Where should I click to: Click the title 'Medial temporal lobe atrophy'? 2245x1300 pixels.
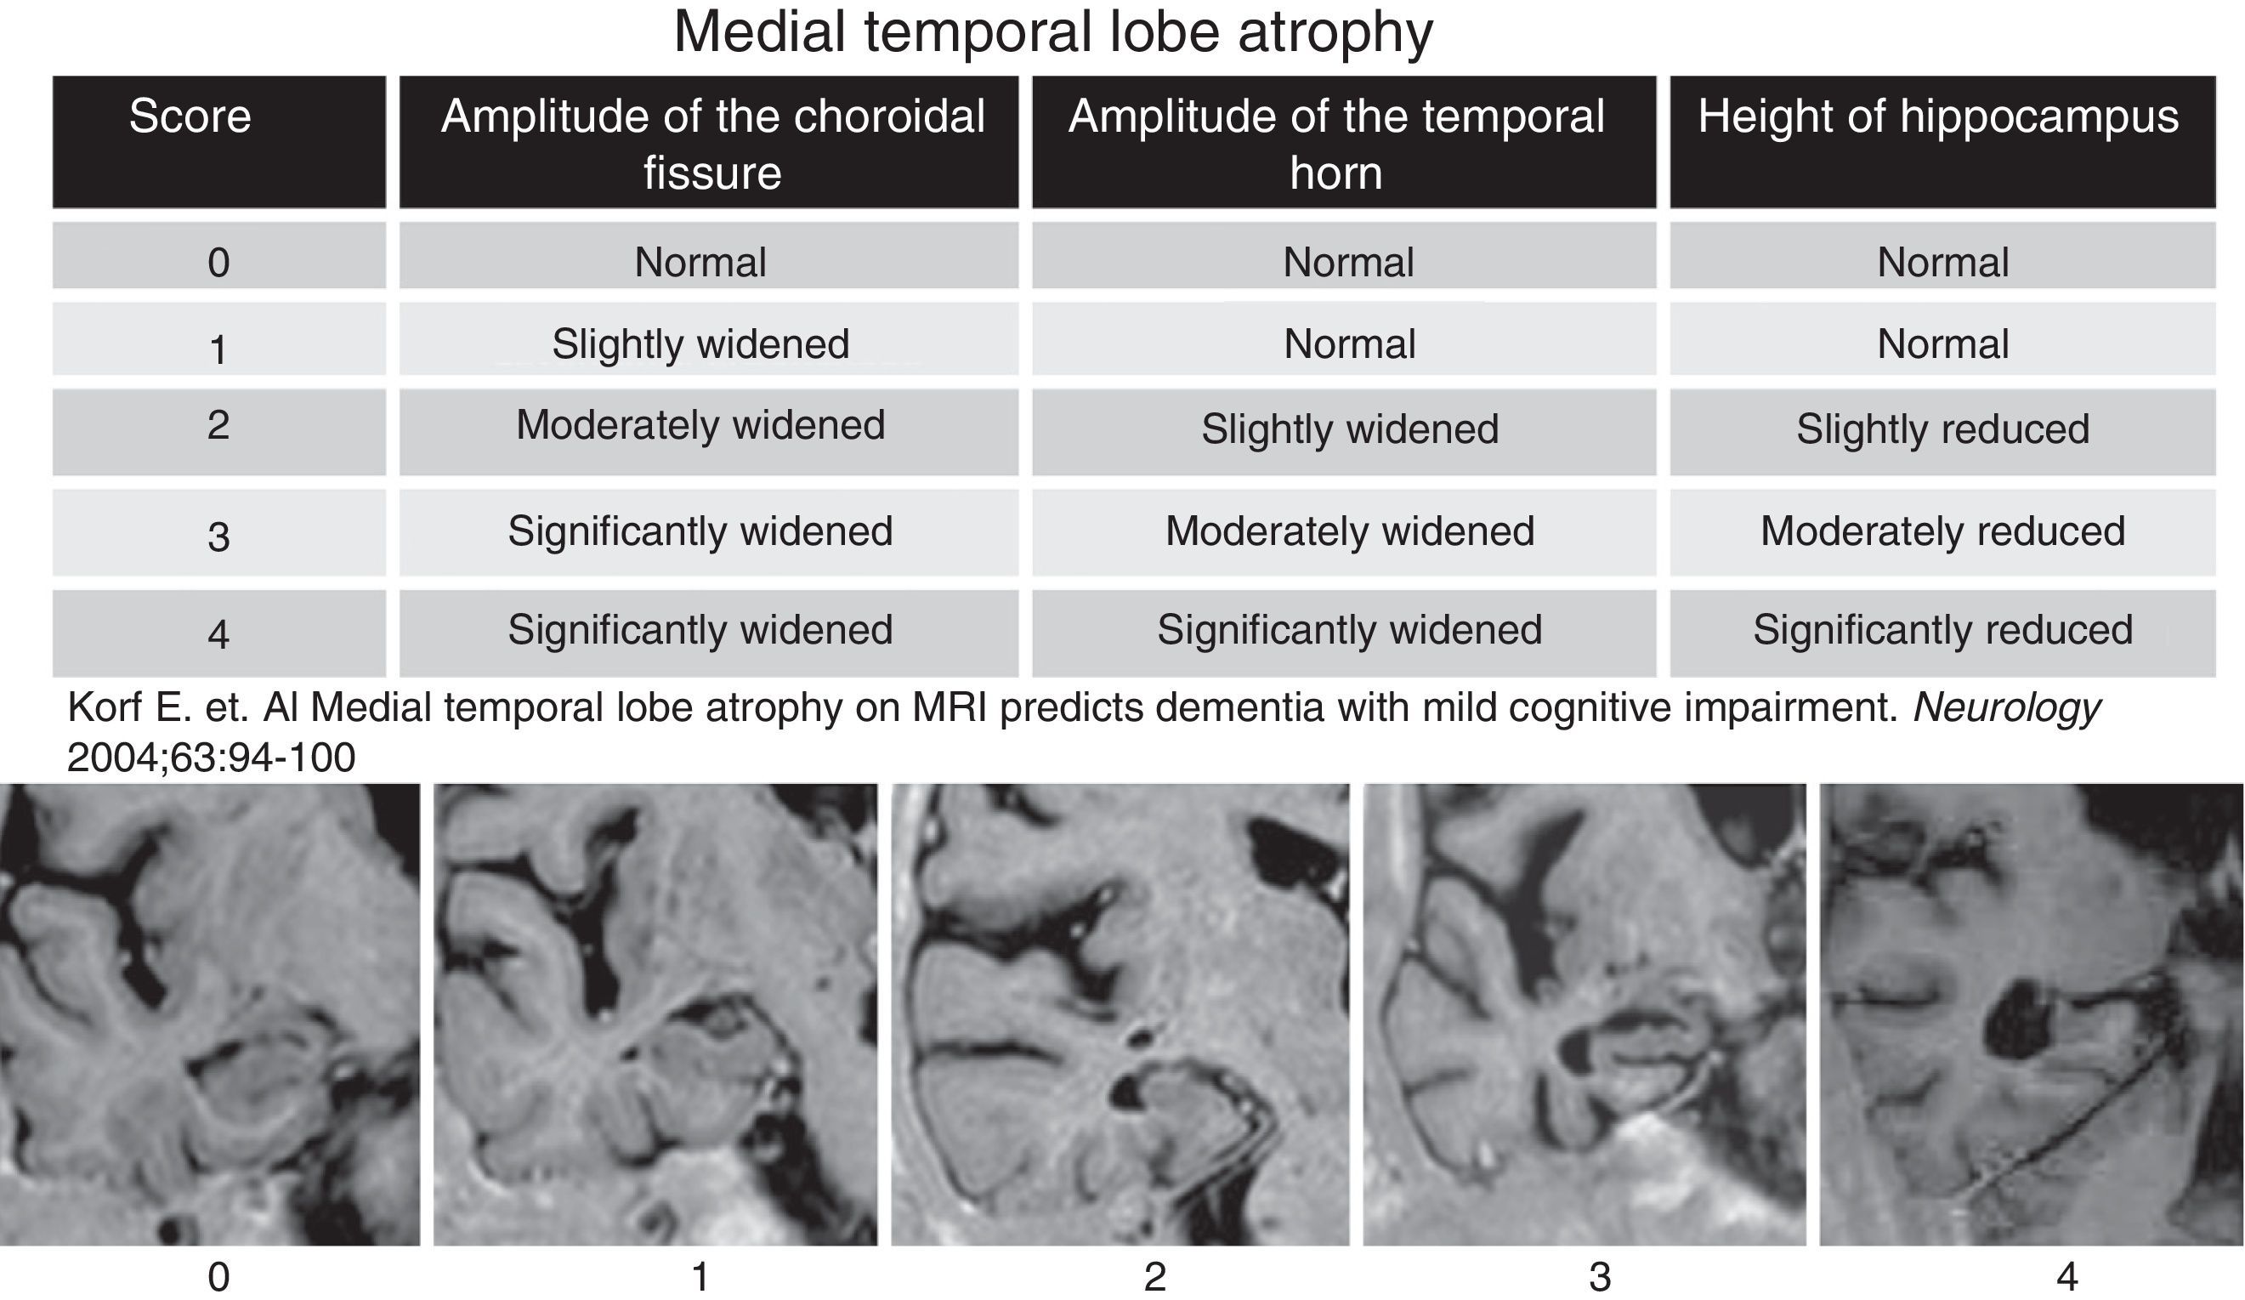point(1053,32)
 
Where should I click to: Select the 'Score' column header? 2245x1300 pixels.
point(190,116)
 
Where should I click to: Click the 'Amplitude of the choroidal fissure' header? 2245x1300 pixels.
point(711,143)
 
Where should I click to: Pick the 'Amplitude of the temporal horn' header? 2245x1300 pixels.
point(1336,143)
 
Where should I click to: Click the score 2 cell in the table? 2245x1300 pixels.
point(218,425)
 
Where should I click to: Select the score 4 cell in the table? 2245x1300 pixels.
point(218,633)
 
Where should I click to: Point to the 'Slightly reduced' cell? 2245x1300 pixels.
point(1942,429)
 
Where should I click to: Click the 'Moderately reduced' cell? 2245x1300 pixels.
point(1942,532)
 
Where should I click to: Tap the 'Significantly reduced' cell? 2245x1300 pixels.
point(1942,630)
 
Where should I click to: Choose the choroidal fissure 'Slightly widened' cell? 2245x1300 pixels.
point(700,344)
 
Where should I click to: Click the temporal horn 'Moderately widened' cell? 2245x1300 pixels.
point(1349,532)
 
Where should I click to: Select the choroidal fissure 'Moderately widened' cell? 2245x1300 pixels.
point(700,425)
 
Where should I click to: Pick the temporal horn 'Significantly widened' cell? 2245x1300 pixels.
point(1349,630)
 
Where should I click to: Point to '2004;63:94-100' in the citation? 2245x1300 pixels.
point(211,758)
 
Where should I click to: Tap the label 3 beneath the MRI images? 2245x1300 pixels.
point(1600,1278)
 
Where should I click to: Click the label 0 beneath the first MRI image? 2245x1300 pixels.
point(218,1278)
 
